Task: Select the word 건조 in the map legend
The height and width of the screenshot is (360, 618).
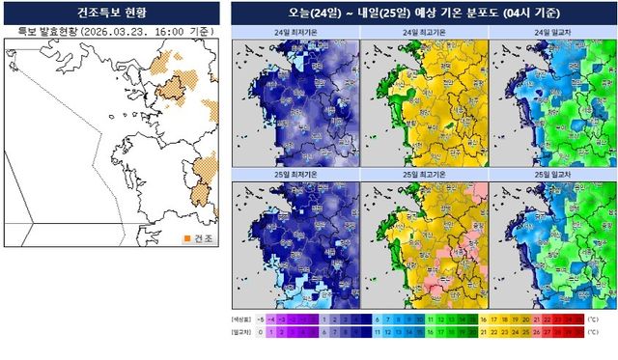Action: tap(204, 238)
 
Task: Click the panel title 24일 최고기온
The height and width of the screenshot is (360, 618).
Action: tap(423, 33)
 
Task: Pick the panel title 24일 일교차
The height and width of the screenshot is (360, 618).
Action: tap(551, 33)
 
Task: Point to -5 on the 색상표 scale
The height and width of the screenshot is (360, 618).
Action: tap(261, 318)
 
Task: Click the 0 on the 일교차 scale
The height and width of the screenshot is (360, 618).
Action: tap(261, 331)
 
